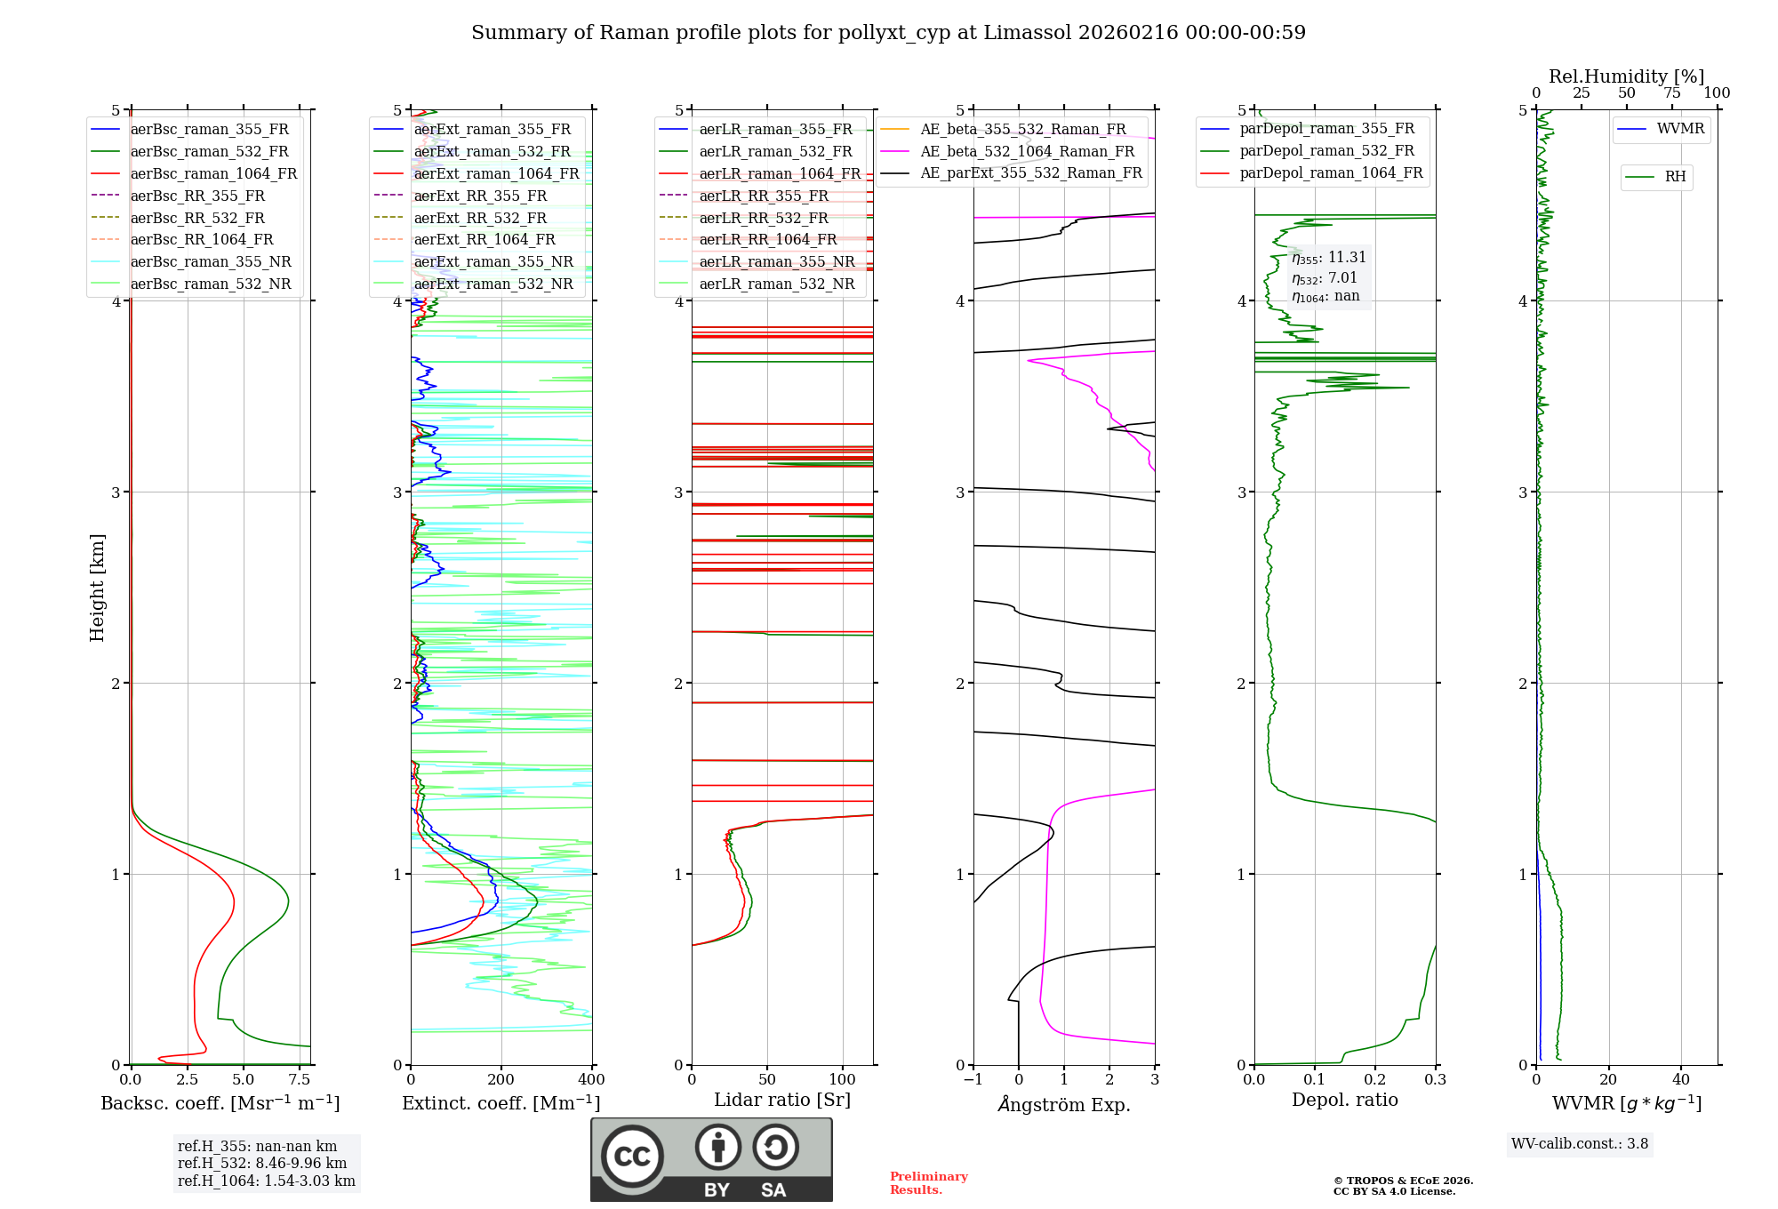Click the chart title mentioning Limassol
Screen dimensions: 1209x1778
(888, 33)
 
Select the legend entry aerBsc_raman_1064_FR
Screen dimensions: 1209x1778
(213, 173)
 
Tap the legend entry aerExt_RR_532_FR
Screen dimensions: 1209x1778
(480, 218)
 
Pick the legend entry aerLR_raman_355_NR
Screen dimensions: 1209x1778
(776, 261)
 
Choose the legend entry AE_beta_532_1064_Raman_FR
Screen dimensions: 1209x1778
(1027, 151)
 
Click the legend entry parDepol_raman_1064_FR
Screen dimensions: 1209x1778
(1331, 172)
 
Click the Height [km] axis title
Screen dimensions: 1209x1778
(97, 587)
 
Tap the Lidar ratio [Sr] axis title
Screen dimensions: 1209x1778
(782, 1100)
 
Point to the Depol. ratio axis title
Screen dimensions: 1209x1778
(1344, 1100)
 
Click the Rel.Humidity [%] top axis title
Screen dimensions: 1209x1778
(1626, 76)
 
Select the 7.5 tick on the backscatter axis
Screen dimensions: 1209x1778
(300, 1080)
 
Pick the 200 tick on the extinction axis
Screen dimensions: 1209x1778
(501, 1080)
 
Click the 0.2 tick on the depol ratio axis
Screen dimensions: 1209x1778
(1374, 1080)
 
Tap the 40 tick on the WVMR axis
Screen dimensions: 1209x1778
(1680, 1080)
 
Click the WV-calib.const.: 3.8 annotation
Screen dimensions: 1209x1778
(1580, 1144)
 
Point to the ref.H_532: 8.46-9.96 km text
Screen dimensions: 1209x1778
(262, 1164)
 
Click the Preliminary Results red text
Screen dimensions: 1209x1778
(928, 1183)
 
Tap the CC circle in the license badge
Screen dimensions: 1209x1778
(632, 1157)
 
